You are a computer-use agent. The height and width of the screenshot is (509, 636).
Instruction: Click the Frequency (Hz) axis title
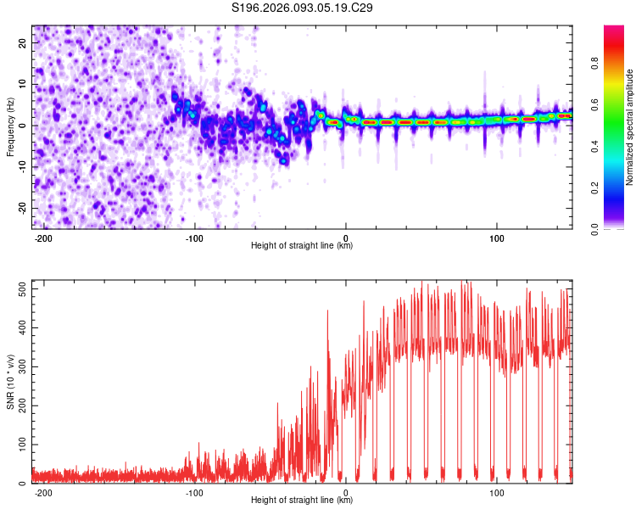(11, 126)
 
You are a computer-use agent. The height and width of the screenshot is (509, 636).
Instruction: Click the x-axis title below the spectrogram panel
(302, 246)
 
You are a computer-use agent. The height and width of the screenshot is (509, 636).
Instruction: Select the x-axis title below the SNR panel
(302, 501)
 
